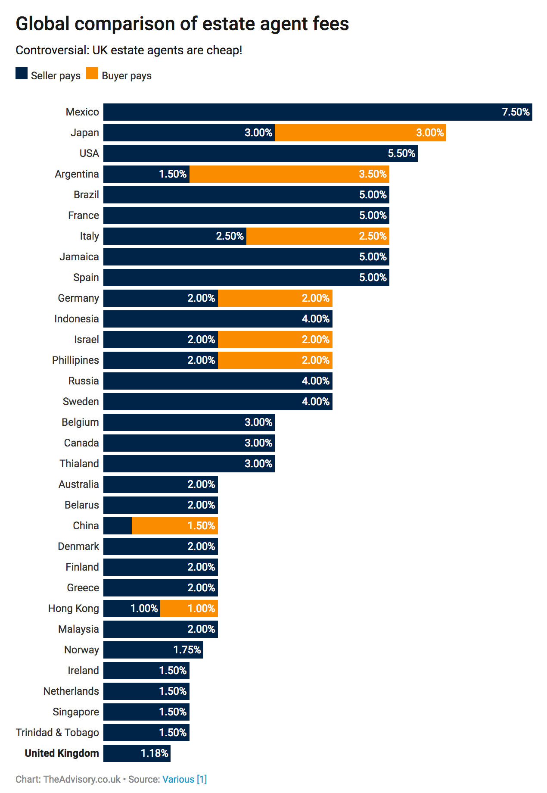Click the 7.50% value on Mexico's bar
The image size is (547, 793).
tap(516, 112)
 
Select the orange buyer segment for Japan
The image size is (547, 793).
tap(360, 133)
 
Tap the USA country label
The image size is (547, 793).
tap(89, 153)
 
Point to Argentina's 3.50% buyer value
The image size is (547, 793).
tap(373, 174)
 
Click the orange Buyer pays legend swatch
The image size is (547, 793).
tap(92, 74)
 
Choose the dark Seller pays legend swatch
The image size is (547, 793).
tap(22, 74)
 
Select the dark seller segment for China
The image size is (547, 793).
tap(118, 526)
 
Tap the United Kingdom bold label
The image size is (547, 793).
tap(62, 753)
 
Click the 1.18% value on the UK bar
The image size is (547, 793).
tap(154, 753)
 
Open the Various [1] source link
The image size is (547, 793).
tap(184, 779)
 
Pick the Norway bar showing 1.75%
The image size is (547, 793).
tap(153, 650)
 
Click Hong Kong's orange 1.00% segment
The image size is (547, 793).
tap(189, 609)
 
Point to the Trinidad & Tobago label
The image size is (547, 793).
tap(57, 733)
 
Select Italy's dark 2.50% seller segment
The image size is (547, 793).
tap(174, 236)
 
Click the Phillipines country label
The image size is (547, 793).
tap(75, 360)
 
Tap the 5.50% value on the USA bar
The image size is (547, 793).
tap(401, 153)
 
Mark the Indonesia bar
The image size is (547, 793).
tap(218, 319)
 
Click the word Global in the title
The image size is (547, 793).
tap(42, 24)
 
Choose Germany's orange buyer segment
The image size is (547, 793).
tap(275, 298)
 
